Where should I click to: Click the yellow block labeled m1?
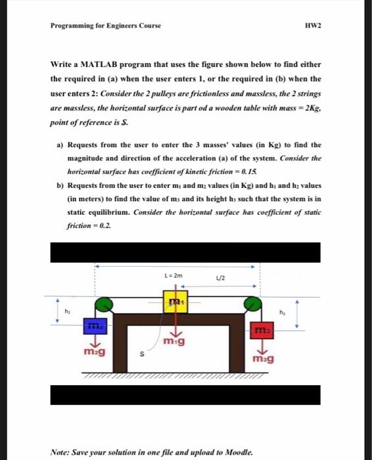[x=174, y=302]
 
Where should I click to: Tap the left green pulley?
[x=106, y=305]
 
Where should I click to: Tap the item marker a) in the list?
[x=60, y=145]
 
